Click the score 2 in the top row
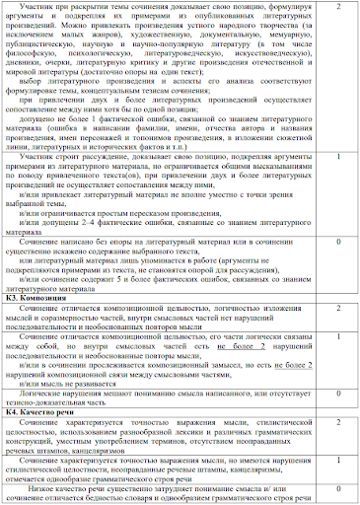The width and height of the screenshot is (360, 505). pyautogui.click(x=338, y=8)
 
